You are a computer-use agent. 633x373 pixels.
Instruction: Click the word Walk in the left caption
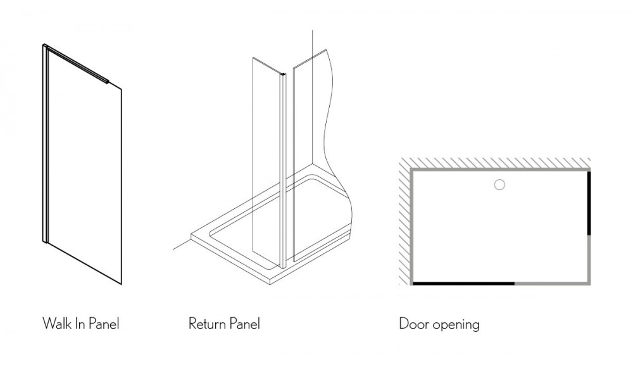(56, 324)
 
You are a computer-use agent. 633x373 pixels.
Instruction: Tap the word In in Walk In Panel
(78, 324)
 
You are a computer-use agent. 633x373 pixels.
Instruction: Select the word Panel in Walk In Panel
(103, 324)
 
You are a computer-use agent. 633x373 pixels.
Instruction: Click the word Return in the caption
(206, 324)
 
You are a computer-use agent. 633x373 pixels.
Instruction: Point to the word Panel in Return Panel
(244, 324)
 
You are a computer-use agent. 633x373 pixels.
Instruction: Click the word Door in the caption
(413, 324)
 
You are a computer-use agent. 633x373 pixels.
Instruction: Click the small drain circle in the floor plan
(499, 185)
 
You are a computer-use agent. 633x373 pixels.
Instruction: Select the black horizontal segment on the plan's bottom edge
(463, 283)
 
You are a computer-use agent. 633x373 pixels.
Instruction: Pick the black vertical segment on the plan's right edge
(589, 203)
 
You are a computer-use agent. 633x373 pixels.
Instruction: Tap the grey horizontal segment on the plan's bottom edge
(552, 283)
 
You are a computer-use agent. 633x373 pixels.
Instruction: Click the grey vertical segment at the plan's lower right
(589, 260)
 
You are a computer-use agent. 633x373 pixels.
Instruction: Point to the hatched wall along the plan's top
(494, 163)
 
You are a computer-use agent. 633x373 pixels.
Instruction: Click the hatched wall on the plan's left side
(404, 222)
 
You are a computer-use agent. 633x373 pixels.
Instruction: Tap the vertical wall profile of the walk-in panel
(45, 143)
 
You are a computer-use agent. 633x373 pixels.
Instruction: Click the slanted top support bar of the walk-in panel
(77, 64)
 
